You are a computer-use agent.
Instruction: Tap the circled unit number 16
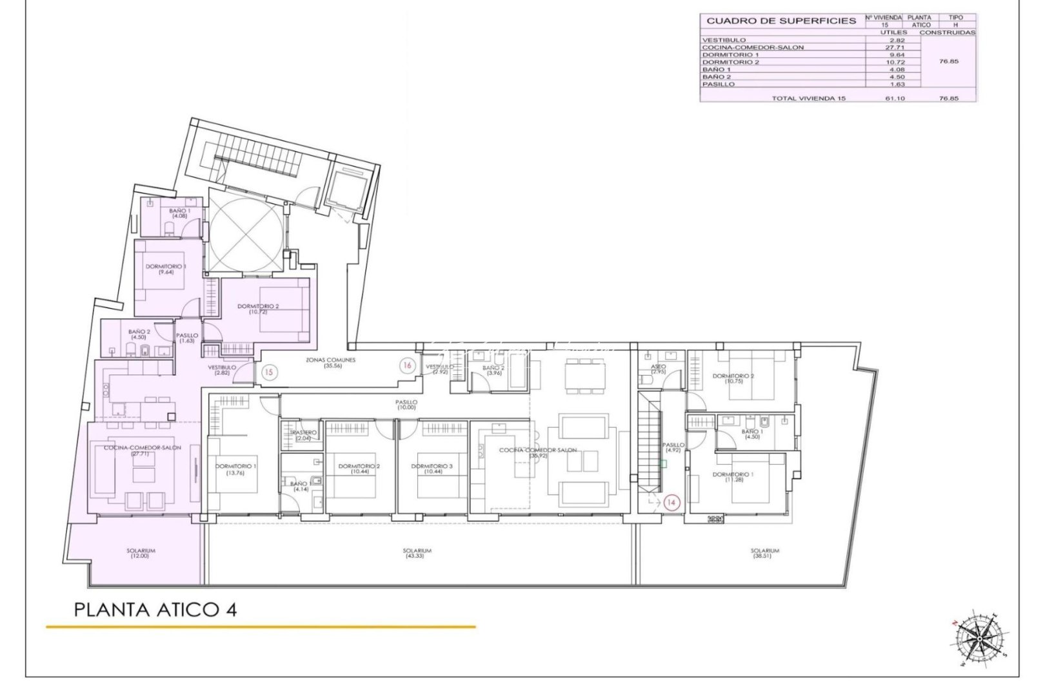[x=406, y=365]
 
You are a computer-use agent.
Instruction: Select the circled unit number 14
[x=672, y=502]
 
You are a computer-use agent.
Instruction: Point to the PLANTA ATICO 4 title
[x=155, y=609]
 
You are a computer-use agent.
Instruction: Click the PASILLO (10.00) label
[x=406, y=404]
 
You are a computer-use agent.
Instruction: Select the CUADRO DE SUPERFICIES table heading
[x=781, y=21]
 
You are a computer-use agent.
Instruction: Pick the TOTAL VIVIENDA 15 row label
[x=808, y=98]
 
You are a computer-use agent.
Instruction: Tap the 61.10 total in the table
[x=897, y=98]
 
